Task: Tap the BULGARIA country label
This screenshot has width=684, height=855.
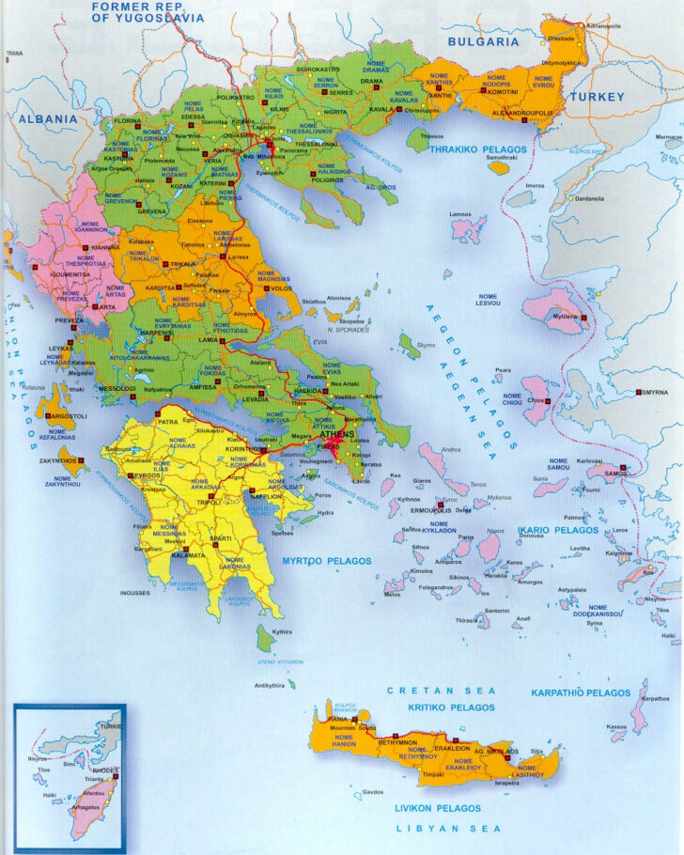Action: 483,41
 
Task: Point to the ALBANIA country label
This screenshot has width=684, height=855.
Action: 47,119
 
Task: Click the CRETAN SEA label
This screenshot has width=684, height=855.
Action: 441,691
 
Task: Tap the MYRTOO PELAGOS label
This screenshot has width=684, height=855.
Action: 326,561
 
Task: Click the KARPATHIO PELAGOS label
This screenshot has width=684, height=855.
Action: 581,692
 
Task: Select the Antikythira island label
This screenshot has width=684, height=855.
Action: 269,685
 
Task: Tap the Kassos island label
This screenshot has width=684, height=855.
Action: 616,726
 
